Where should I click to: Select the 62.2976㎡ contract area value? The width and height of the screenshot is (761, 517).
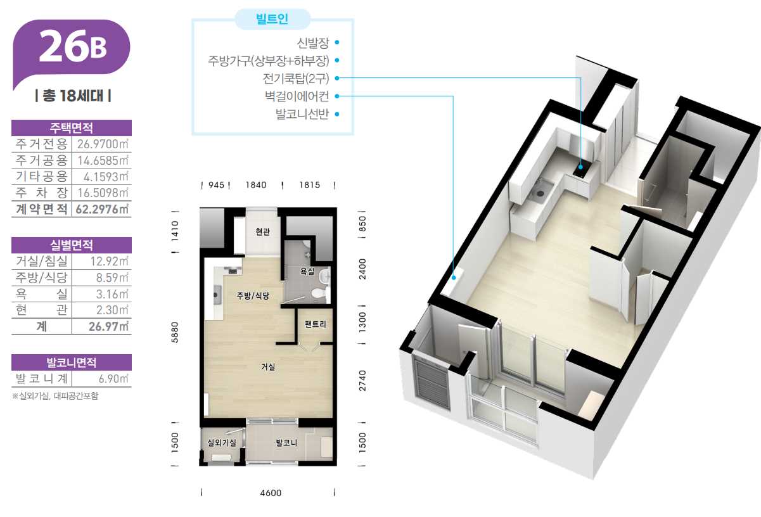[102, 209]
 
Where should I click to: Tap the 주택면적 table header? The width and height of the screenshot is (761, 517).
[72, 128]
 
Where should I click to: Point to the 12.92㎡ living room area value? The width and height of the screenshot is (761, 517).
[110, 261]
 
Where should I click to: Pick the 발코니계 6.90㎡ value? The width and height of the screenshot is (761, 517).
[113, 378]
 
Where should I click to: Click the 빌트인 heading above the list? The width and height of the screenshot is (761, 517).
[272, 18]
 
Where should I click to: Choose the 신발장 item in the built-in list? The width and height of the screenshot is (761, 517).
[313, 43]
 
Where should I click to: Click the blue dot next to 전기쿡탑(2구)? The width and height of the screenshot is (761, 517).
[337, 78]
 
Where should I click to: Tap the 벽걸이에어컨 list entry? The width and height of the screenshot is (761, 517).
[297, 96]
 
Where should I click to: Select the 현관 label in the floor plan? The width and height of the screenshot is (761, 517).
[262, 232]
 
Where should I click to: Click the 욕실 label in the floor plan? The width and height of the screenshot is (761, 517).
[307, 271]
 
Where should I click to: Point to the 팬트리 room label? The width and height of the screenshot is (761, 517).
[316, 324]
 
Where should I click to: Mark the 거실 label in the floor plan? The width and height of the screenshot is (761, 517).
[268, 366]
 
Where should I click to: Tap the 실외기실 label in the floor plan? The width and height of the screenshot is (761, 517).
[222, 442]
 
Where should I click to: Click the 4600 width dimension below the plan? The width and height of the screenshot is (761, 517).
[271, 492]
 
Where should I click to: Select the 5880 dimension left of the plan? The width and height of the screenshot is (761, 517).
[175, 332]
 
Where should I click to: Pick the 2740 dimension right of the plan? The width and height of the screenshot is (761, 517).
[362, 380]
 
